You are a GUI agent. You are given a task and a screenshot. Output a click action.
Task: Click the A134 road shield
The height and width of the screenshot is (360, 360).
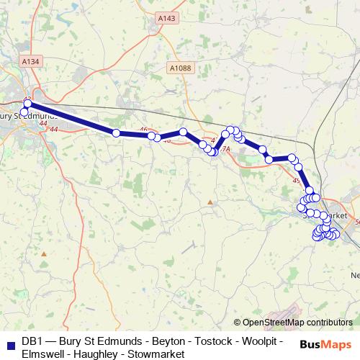(x=31, y=63)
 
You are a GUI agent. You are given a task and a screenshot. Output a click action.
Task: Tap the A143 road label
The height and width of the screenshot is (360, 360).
(x=166, y=18)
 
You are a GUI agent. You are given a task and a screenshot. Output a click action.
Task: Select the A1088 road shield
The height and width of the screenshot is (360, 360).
(x=182, y=67)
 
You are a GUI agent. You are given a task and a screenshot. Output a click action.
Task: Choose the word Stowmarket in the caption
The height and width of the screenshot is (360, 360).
(x=150, y=354)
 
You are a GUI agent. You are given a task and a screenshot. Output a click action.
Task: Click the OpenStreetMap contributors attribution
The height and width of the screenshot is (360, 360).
(x=293, y=323)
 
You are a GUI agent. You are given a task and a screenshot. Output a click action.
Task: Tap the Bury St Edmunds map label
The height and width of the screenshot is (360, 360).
(x=29, y=116)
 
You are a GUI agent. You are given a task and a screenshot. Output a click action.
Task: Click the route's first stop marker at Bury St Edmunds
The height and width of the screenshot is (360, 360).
(x=27, y=104)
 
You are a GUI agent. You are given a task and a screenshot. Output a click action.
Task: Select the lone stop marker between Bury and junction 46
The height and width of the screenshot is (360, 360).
(x=116, y=132)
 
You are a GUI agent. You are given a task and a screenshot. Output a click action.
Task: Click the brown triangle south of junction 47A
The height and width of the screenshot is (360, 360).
(x=210, y=202)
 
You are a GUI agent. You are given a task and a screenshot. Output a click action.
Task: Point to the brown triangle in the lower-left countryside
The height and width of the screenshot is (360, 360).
(x=44, y=253)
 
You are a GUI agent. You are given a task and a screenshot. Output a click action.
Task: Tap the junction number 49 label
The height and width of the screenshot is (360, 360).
(x=297, y=180)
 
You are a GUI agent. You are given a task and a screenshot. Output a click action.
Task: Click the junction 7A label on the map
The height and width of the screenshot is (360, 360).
(x=225, y=149)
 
